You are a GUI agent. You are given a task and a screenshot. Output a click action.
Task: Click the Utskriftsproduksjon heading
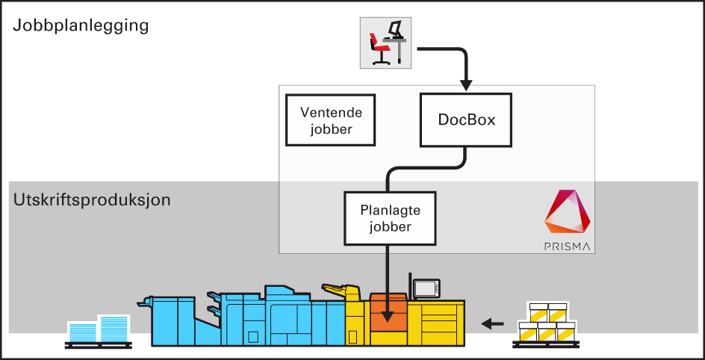[x=92, y=200]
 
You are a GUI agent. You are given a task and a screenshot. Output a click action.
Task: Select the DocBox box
[x=467, y=120]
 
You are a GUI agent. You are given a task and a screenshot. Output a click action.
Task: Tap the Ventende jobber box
[x=331, y=120]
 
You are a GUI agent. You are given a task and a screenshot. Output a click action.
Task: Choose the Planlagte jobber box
[x=390, y=218]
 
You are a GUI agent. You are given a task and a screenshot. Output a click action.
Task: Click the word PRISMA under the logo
[x=568, y=246]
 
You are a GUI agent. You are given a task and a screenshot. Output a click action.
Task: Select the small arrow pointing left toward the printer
[x=491, y=323]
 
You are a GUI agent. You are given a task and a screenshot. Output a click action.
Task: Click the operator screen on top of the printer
[x=427, y=288]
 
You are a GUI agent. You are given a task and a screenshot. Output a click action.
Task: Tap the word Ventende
[x=331, y=113]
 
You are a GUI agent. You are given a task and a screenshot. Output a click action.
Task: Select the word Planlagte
[x=390, y=211]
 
